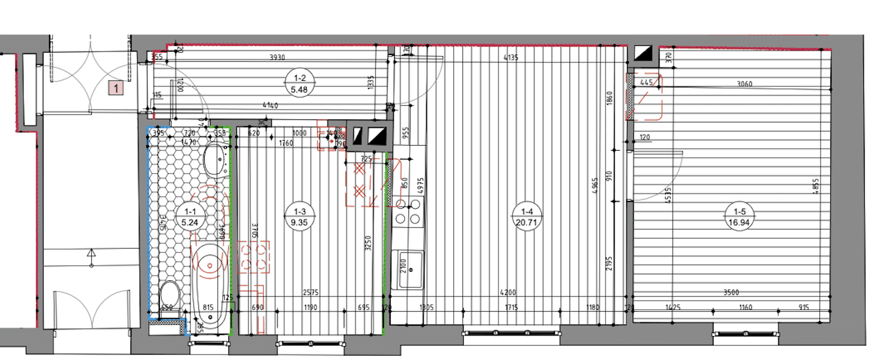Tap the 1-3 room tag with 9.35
coord(300,217)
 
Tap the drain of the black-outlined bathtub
coord(210,266)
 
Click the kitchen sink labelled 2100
coord(410,269)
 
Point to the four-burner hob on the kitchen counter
coord(408,211)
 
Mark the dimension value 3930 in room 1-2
coord(279,58)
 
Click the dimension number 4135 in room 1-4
coord(511,59)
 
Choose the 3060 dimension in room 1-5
coord(745,84)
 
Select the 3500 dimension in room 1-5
coord(731,293)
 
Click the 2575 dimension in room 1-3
coord(312,293)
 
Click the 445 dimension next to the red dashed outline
coord(646,81)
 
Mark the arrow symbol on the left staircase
coord(92,252)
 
